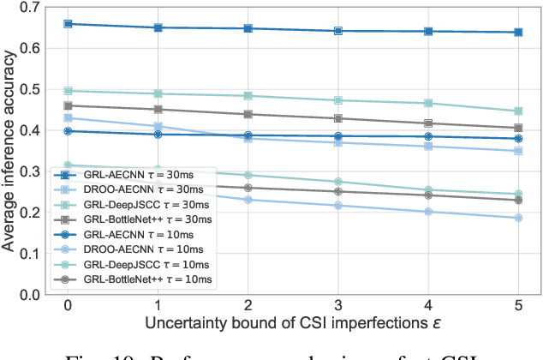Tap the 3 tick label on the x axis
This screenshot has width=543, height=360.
coord(338,306)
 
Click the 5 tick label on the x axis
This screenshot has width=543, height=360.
coord(518,306)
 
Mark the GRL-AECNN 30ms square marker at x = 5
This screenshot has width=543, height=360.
coord(518,33)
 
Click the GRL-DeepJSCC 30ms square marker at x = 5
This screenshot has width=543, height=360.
coord(518,111)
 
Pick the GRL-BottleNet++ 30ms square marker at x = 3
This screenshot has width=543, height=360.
coord(338,118)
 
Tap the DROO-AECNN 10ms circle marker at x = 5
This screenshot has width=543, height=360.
coord(518,218)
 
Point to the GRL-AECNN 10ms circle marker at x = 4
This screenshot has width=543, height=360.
coord(428,136)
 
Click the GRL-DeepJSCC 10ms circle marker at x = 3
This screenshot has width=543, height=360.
coord(338,182)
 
